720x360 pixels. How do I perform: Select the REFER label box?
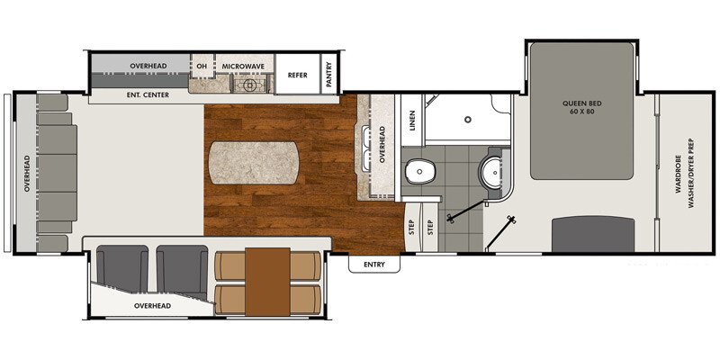tap(298, 75)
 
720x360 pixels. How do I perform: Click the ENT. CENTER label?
tap(136, 94)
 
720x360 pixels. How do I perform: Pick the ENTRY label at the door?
tap(373, 264)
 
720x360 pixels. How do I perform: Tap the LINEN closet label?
tap(412, 121)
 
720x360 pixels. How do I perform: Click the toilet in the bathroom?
tap(418, 171)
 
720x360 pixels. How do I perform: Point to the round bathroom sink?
tap(491, 170)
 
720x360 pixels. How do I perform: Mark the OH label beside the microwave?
tap(201, 67)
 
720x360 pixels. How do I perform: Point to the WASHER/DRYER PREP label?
tap(693, 168)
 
